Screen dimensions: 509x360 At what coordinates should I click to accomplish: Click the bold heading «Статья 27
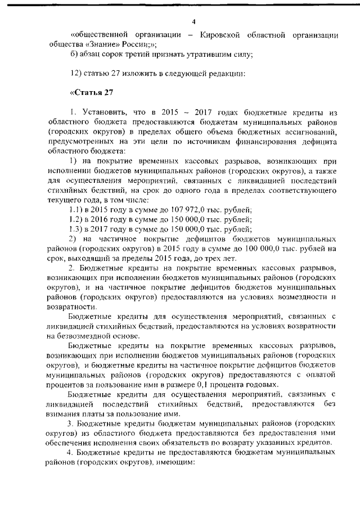pos(92,93)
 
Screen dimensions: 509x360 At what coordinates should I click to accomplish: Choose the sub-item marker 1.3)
pos(72,228)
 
